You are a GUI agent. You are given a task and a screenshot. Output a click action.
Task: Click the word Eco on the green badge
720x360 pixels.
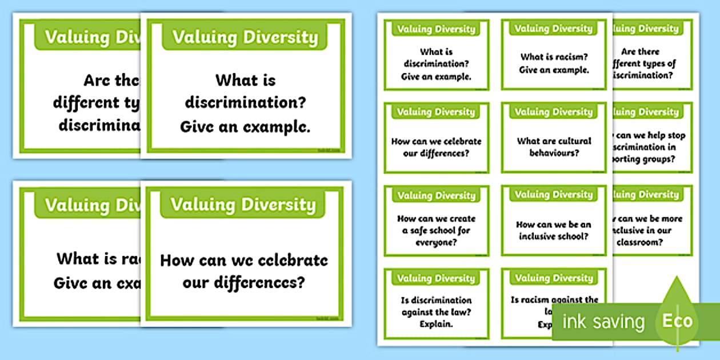[677, 321]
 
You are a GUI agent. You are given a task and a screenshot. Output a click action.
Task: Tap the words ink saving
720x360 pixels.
[603, 322]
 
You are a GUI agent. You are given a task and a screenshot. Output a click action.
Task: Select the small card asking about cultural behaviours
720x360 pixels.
[554, 138]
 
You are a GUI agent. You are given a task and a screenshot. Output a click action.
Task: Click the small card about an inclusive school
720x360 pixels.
[554, 221]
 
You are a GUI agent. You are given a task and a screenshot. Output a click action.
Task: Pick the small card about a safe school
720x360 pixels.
[437, 221]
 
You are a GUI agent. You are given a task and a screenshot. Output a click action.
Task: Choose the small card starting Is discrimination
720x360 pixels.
[437, 303]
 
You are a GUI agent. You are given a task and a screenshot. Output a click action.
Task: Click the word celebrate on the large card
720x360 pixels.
[289, 261]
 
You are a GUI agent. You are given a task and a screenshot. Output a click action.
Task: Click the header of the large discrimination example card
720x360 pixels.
[245, 38]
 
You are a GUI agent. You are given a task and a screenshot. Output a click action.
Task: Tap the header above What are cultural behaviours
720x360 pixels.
[554, 112]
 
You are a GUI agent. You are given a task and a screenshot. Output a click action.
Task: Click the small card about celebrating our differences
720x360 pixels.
[437, 138]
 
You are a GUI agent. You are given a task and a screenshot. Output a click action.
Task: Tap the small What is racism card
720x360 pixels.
[554, 55]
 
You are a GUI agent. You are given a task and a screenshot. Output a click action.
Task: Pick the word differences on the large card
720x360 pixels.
[243, 282]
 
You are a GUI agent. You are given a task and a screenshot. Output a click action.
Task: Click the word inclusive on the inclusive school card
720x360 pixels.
[539, 236]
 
